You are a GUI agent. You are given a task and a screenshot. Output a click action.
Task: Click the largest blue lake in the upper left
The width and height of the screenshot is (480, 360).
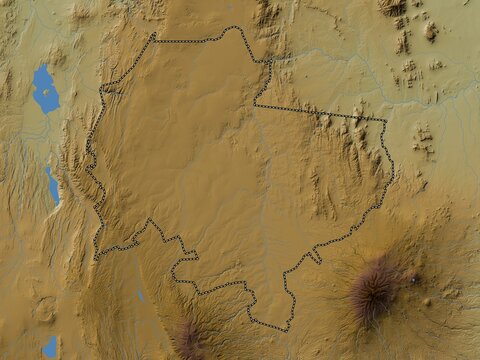click(x=45, y=90)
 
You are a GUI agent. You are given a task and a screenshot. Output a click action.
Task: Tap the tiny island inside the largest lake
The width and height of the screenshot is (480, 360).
click(x=45, y=91)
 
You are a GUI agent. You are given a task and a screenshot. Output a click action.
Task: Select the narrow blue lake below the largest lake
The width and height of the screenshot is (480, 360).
click(x=52, y=186)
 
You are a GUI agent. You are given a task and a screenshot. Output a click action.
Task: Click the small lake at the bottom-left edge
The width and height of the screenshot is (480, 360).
click(x=50, y=346)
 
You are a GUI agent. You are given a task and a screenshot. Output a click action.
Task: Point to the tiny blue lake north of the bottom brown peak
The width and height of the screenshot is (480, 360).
click(x=141, y=296)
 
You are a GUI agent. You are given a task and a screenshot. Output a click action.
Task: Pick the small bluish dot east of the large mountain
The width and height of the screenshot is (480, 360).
click(x=413, y=279)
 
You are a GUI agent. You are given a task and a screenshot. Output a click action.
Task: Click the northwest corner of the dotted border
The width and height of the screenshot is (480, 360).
click(x=154, y=36)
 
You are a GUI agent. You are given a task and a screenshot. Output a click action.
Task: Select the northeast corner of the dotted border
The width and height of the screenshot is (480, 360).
click(x=386, y=121)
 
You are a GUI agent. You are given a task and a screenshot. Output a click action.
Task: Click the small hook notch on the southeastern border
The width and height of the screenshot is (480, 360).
click(x=313, y=257)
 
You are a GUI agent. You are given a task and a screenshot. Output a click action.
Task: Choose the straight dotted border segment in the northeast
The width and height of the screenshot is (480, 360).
click(x=320, y=112)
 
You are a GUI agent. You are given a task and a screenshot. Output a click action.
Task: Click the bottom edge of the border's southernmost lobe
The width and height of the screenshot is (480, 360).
click(x=268, y=329)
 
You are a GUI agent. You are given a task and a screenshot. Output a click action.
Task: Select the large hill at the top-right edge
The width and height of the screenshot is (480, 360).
click(x=392, y=8)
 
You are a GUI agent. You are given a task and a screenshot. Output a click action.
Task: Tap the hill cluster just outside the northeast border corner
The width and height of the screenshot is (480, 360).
click(x=422, y=140)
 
